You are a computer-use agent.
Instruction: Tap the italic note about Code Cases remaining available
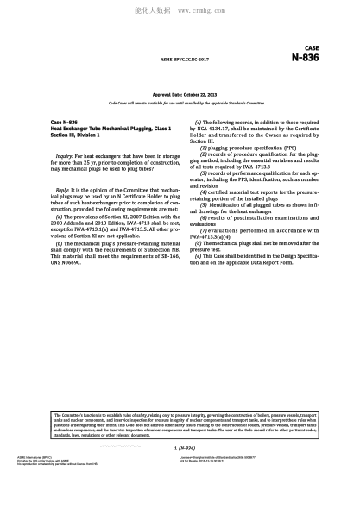click(180, 103)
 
